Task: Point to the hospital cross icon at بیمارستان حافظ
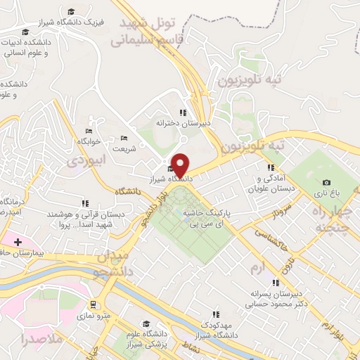click(x=17, y=242)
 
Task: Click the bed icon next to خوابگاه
click(x=89, y=131)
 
